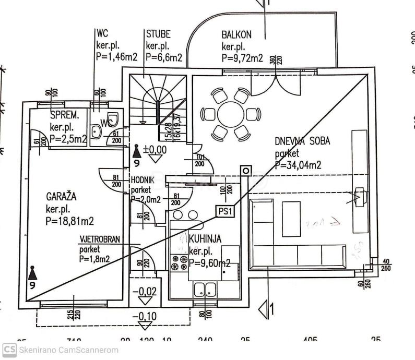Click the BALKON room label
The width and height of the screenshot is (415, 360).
pos(236,35)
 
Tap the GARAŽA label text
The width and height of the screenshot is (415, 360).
pos(61,197)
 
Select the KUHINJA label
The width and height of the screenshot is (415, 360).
pos(205,238)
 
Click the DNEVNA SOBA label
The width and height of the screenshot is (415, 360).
pos(302,141)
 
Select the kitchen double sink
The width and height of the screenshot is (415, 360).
pos(205,289)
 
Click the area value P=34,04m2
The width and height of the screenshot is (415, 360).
pos(298,165)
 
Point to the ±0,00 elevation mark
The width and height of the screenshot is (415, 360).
pos(155,150)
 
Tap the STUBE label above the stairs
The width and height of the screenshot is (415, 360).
pos(158,34)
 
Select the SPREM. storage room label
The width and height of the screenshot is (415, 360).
pos(65,115)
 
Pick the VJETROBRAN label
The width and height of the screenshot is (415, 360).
pos(99,240)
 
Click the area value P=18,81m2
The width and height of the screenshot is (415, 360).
pos(69,221)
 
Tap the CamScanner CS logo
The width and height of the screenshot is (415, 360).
pos(9,350)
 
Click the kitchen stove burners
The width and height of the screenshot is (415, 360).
pos(179,262)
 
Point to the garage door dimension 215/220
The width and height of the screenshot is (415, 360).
pos(73,315)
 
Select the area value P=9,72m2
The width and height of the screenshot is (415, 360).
pos(242,58)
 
